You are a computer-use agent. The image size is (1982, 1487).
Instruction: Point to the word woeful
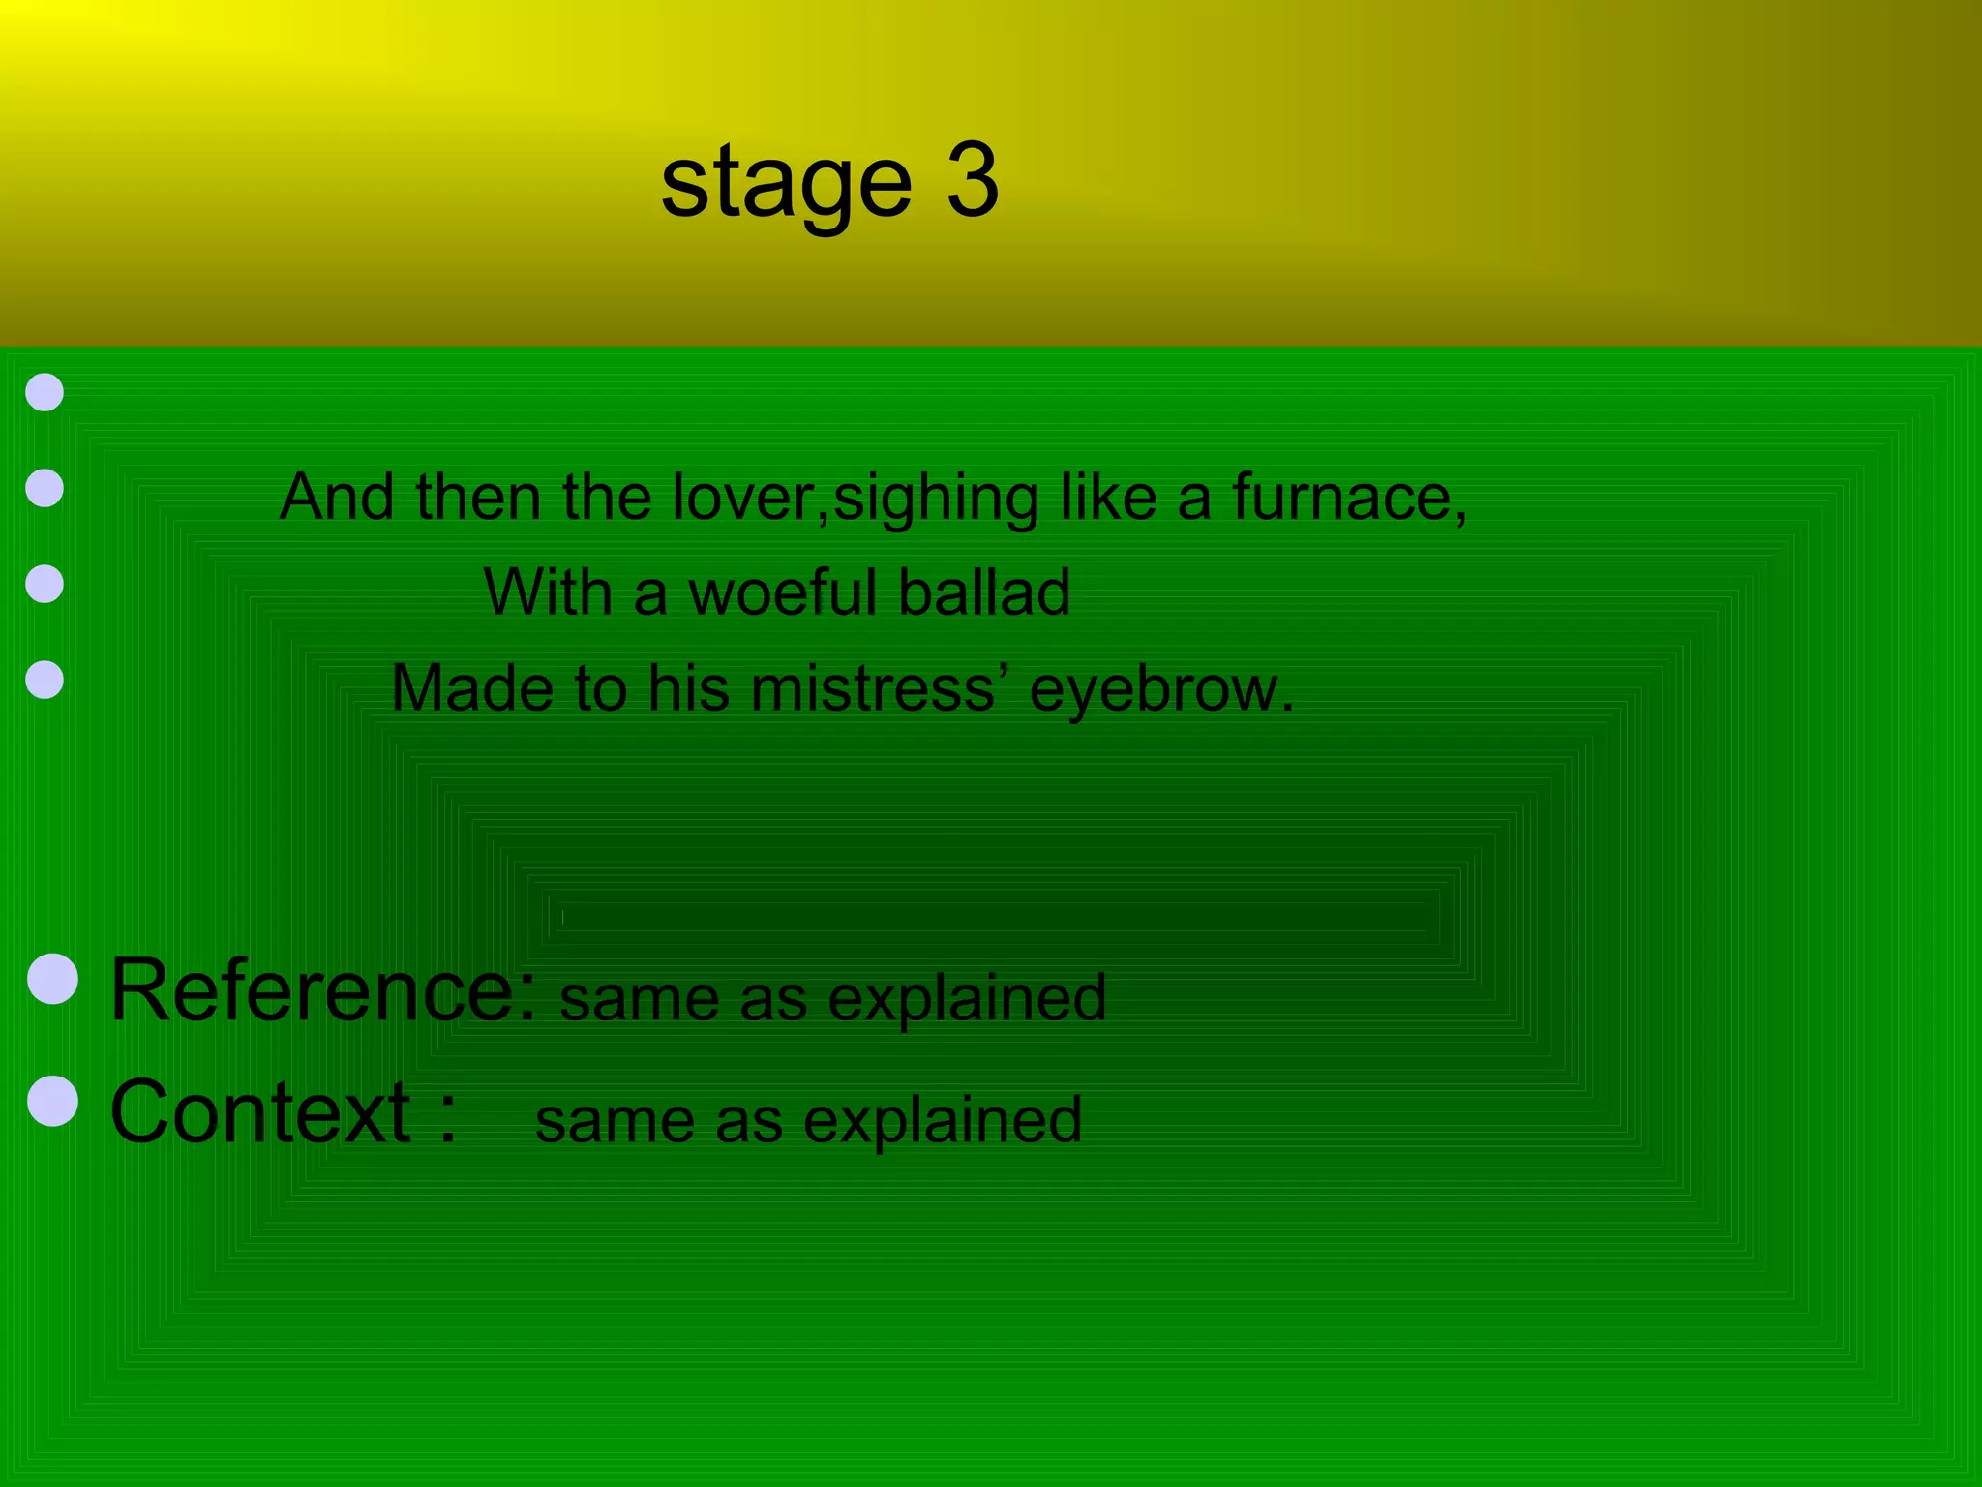click(x=782, y=592)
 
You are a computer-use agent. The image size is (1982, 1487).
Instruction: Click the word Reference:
click(x=323, y=989)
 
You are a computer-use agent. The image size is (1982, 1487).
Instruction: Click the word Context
click(x=260, y=1112)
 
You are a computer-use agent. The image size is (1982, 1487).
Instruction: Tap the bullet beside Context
click(x=53, y=1101)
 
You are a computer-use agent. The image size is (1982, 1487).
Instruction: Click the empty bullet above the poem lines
click(x=45, y=392)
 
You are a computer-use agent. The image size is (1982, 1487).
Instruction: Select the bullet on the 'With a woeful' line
click(x=45, y=584)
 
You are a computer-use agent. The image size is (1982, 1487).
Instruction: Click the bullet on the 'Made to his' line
click(x=45, y=680)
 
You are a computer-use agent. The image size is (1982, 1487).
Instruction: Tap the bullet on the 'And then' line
click(x=45, y=488)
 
